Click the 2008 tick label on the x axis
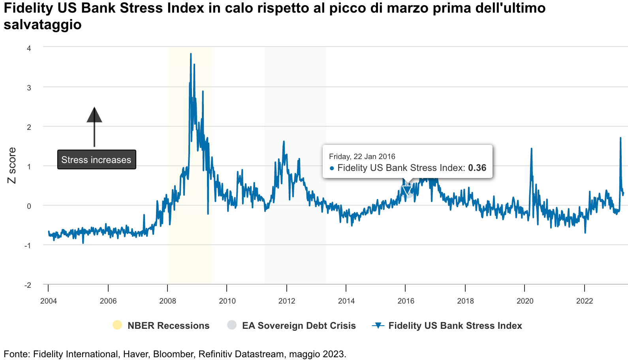pos(167,301)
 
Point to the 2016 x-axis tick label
pos(406,301)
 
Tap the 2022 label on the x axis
pos(584,301)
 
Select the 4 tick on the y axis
pos(29,48)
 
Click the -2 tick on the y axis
pos(28,285)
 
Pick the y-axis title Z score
pos(12,165)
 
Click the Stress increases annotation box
pos(96,160)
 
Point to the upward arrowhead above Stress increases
pos(94,115)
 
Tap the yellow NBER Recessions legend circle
pos(117,325)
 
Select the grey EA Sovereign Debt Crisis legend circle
pos(232,325)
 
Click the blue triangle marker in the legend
pos(378,326)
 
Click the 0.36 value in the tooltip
pos(477,168)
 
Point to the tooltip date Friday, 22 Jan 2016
pos(362,157)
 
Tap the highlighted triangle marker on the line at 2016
pos(406,191)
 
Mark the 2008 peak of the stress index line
pos(191,54)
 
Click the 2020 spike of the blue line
pos(531,149)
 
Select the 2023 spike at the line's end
pos(620,138)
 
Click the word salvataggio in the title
pos(43,24)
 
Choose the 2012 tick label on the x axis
pos(287,301)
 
